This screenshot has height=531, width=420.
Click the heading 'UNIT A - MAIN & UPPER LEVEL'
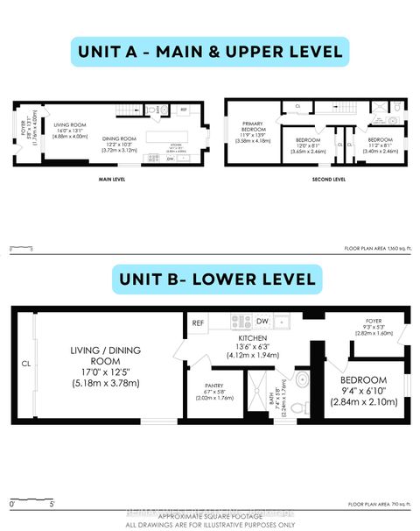[x=209, y=52]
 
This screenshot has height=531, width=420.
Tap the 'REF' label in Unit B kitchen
[x=199, y=322]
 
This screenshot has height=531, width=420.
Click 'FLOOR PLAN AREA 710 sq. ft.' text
[x=380, y=505]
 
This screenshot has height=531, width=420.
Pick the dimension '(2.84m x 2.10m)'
[x=364, y=402]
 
